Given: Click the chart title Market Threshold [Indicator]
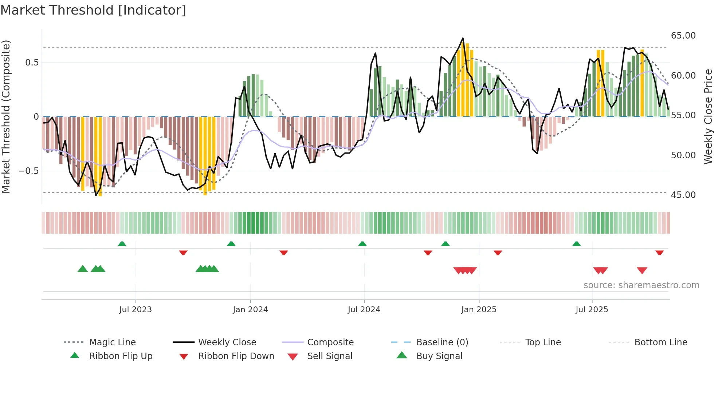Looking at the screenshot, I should coord(93,10).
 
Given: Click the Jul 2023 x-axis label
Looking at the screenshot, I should coord(136,309).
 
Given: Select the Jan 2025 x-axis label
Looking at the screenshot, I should coord(479,309).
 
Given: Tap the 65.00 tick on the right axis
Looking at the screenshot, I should coord(683,36).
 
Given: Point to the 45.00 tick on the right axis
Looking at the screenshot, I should coord(683,195).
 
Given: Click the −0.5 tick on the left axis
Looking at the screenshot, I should coord(29,171).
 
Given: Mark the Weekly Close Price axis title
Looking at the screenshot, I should coord(708,116).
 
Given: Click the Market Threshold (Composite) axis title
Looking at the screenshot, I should coord(6,116).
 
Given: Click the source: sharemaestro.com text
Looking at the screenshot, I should coord(641,285).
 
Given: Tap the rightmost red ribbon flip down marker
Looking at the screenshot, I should coord(659,253).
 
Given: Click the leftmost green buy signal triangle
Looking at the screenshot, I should coord(83,269).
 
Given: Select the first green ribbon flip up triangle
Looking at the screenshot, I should coord(122,244).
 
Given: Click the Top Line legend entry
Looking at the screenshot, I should coord(543,342).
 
